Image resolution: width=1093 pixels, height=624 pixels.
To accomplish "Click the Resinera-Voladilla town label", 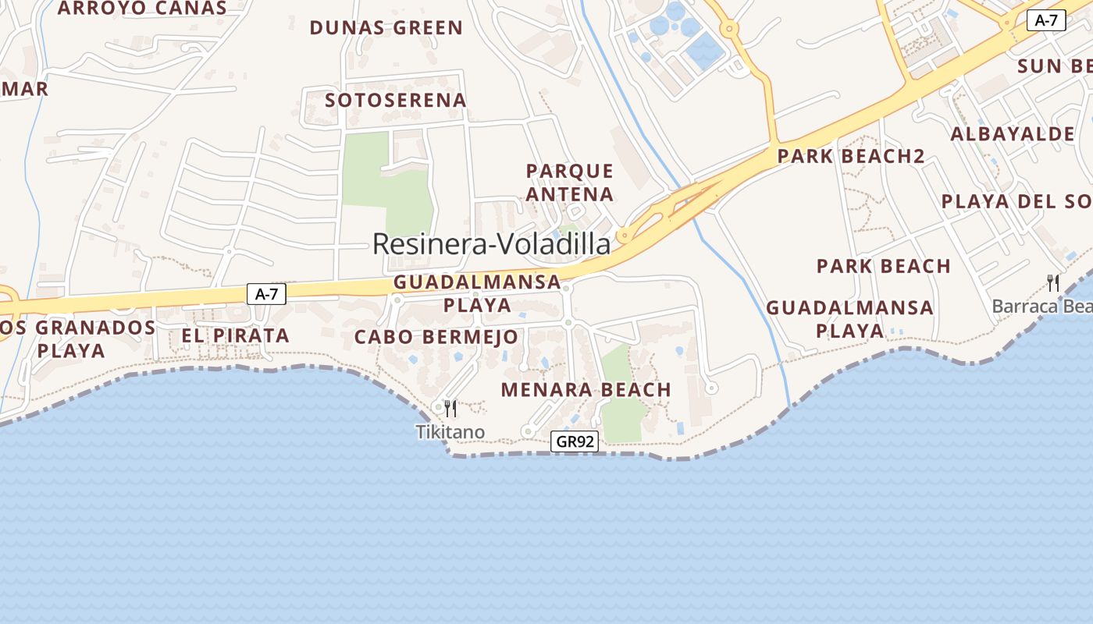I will click(x=491, y=244).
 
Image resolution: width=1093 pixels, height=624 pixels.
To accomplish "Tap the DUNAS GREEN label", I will click(x=386, y=28).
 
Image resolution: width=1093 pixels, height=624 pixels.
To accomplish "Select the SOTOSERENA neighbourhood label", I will click(x=395, y=100).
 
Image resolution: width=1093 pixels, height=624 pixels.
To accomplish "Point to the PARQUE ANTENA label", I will click(x=570, y=182).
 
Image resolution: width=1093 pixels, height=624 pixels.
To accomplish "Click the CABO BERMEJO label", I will click(x=436, y=337).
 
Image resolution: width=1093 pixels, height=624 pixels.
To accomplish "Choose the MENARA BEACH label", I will click(x=586, y=389).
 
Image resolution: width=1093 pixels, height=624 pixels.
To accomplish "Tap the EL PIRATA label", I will click(x=235, y=336).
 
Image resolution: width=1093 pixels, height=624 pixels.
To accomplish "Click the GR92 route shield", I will click(x=574, y=441).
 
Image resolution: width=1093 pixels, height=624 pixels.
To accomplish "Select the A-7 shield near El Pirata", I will click(x=266, y=294).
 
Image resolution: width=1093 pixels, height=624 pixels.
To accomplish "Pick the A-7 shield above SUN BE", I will click(x=1046, y=21).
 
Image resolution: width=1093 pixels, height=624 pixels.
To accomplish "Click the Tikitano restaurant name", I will click(x=450, y=432).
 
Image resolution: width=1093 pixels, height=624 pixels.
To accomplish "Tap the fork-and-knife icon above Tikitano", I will click(x=450, y=408).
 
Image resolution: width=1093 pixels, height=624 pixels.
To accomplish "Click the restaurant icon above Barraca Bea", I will click(x=1054, y=282).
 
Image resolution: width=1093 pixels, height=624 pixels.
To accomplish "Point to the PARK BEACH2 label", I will click(x=851, y=156).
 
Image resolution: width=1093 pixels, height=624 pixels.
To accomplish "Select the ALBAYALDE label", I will click(x=1012, y=134).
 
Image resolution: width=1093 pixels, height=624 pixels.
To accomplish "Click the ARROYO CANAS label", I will click(x=142, y=9).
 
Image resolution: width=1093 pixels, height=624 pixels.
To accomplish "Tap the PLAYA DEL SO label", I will click(x=1015, y=201).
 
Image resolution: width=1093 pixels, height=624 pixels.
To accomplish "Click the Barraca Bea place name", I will click(x=1041, y=306).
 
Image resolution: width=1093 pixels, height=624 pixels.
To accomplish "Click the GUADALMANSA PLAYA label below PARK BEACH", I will click(x=849, y=318).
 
